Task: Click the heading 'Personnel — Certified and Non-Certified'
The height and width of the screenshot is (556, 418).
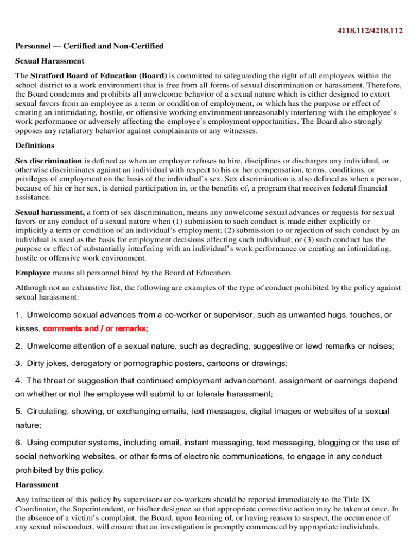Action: pyautogui.click(x=89, y=46)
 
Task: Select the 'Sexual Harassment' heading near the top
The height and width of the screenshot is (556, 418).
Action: pyautogui.click(x=49, y=61)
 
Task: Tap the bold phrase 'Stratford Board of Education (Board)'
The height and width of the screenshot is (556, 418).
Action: pyautogui.click(x=99, y=75)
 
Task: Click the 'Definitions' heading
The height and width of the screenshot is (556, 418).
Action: pyautogui.click(x=35, y=146)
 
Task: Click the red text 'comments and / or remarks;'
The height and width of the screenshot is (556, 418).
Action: pyautogui.click(x=96, y=328)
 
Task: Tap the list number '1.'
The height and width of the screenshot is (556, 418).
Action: pyautogui.click(x=18, y=315)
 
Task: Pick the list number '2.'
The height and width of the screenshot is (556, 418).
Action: pyautogui.click(x=18, y=346)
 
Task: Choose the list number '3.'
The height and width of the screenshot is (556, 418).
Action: pyautogui.click(x=18, y=363)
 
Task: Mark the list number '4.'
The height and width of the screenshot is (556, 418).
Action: pyautogui.click(x=18, y=381)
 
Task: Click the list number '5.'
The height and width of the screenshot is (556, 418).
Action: pyautogui.click(x=18, y=412)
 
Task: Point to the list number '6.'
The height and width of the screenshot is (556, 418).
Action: pyautogui.click(x=18, y=443)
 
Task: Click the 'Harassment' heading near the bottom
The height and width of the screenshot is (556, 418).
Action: pyautogui.click(x=36, y=484)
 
